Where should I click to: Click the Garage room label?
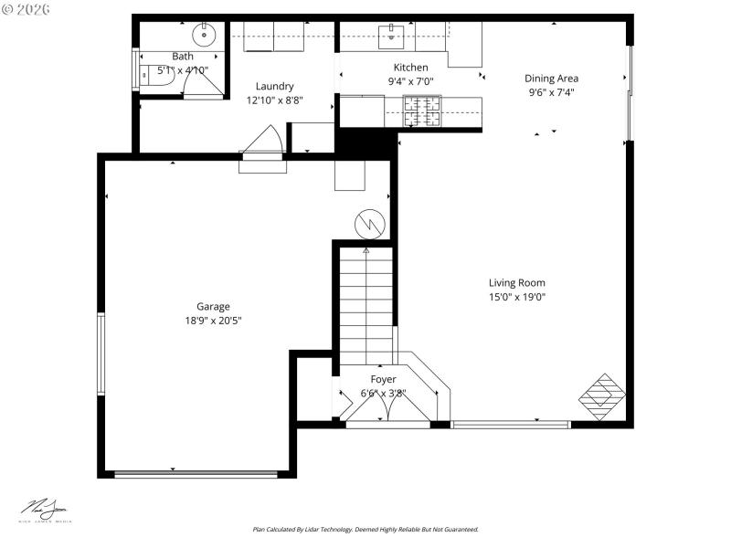tap(213, 307)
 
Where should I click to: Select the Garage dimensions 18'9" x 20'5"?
tap(213, 321)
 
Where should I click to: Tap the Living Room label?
tap(516, 283)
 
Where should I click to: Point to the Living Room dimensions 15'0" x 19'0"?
tap(516, 296)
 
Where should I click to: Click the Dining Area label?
tap(551, 79)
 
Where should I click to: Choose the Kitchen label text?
tap(410, 68)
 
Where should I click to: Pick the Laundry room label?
tap(274, 87)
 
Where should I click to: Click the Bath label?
tap(183, 57)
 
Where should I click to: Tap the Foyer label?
tap(383, 379)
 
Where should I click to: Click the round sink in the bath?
tap(204, 37)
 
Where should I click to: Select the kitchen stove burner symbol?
tap(422, 111)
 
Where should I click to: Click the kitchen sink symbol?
tap(393, 36)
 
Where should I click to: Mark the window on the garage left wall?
tap(101, 353)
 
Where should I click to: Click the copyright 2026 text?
tap(27, 8)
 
